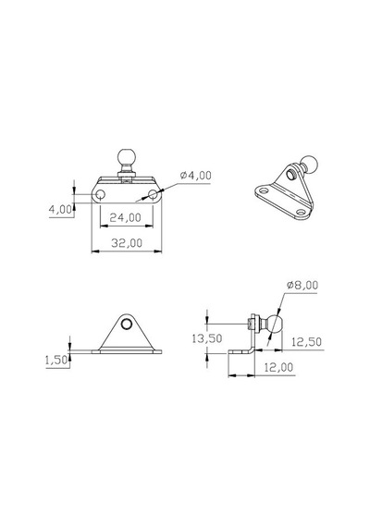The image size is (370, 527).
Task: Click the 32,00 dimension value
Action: click(127, 243)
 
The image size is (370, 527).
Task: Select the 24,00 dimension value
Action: click(126, 218)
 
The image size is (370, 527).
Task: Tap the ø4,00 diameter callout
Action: click(196, 176)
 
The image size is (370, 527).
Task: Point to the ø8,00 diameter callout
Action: click(302, 285)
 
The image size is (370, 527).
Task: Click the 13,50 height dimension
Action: click(207, 338)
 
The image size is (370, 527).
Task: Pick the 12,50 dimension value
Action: click(306, 342)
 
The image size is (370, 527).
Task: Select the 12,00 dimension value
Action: click(278, 367)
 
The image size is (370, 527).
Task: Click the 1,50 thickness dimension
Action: click(56, 361)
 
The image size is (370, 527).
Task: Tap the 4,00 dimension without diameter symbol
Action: click(60, 209)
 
